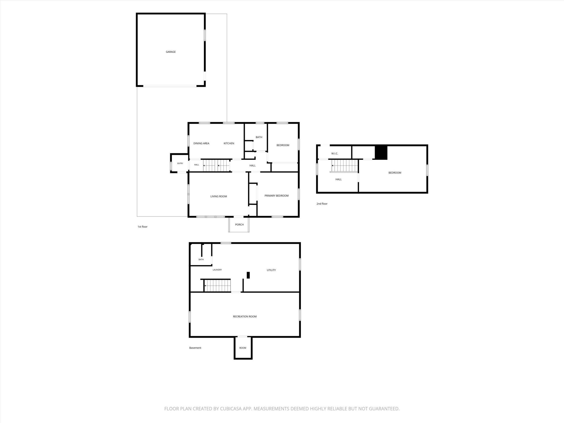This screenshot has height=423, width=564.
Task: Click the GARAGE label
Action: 171,52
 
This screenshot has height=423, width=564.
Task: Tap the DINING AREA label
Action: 201,143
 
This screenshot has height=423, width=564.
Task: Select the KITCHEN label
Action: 229,143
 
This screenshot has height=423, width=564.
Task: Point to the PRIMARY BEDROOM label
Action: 276,196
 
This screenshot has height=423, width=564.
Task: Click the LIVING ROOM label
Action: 219,196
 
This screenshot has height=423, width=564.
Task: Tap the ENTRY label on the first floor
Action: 180,163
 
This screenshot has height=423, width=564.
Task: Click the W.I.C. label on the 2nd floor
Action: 334,154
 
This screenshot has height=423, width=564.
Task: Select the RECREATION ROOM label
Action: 245,316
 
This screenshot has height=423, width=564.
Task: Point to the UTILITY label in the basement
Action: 271,270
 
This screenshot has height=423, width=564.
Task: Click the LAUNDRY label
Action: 217,270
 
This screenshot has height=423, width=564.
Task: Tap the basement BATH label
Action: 201,260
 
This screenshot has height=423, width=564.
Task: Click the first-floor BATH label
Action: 259,137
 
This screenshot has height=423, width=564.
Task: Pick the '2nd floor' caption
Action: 322,204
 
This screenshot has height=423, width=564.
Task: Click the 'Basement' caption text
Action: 195,348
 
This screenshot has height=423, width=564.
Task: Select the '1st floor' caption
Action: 142,227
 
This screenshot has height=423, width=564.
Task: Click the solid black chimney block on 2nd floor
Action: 381,152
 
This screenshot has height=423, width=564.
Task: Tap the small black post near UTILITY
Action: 248,275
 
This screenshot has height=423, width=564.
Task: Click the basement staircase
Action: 217,286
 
